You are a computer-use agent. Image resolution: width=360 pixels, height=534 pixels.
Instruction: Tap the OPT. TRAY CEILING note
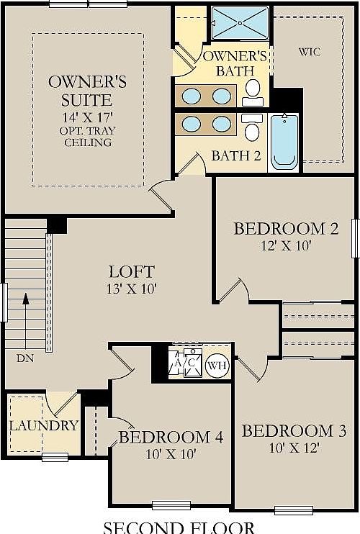(88, 135)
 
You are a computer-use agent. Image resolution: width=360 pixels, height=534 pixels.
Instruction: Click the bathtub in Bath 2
(286, 142)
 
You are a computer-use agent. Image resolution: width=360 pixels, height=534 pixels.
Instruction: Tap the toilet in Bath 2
(252, 130)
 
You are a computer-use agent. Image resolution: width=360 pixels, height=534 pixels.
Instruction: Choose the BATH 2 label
(235, 155)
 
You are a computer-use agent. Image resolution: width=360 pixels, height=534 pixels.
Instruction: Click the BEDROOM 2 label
(286, 229)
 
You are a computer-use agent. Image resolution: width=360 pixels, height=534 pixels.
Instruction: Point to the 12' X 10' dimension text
(286, 245)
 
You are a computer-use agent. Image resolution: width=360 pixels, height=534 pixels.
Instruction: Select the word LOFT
(131, 271)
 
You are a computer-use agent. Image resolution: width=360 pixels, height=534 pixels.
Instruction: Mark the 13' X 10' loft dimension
(131, 289)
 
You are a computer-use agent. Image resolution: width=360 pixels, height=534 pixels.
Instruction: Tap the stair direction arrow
(25, 317)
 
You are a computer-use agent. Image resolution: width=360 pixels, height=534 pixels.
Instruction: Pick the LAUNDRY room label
(43, 425)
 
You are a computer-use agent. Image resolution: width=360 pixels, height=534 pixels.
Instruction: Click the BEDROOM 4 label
(171, 437)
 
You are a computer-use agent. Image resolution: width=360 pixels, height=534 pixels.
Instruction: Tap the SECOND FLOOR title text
(179, 527)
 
